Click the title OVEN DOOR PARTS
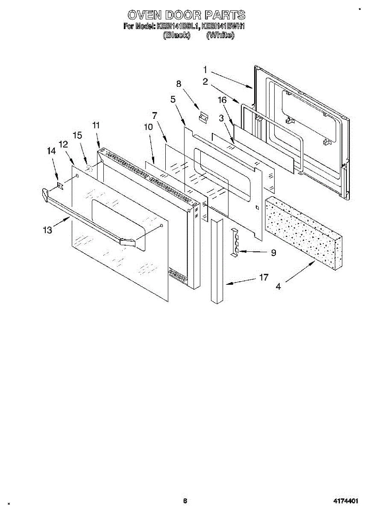pos(187,15)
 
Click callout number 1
pos(205,69)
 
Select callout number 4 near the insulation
pos(278,287)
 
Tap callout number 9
pos(273,253)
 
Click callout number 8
pos(179,84)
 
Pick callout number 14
pos(51,151)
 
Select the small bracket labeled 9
pos(234,243)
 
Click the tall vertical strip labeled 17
pos(217,261)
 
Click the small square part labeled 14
pos(60,185)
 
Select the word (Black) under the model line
pos(176,36)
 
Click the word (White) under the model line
pos(220,36)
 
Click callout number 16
pos(221,100)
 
